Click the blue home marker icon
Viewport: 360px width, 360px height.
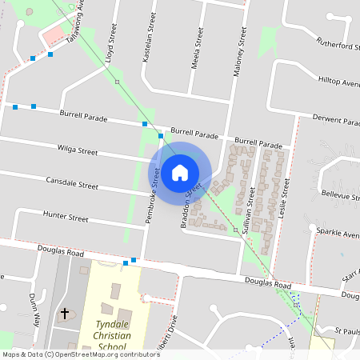click(180, 172)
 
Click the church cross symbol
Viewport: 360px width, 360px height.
click(65, 314)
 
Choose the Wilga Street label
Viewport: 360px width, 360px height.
click(78, 150)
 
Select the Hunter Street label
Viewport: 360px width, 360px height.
click(66, 217)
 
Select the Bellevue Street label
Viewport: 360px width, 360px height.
click(340, 194)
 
